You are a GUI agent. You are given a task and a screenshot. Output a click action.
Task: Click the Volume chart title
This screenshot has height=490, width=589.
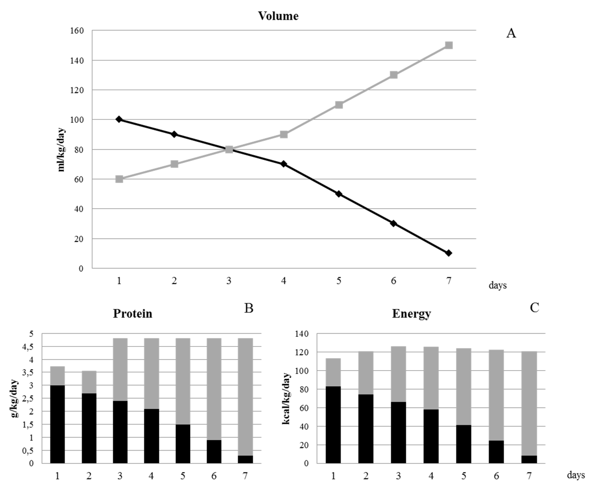click(x=278, y=16)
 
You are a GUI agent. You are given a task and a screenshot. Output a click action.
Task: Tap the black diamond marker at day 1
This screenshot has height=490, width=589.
click(x=119, y=119)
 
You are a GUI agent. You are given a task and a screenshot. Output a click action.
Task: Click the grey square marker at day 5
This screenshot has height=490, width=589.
click(x=339, y=105)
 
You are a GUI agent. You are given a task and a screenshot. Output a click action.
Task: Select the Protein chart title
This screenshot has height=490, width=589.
click(x=132, y=314)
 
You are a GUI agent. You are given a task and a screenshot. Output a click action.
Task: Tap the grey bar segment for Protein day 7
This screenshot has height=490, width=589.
click(x=245, y=397)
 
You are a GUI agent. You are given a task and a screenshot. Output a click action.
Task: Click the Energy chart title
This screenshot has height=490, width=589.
click(x=411, y=314)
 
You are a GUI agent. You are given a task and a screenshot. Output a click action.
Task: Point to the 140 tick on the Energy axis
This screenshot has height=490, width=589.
click(x=302, y=334)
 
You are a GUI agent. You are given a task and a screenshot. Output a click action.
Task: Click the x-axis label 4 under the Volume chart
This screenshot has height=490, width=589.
click(x=284, y=281)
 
